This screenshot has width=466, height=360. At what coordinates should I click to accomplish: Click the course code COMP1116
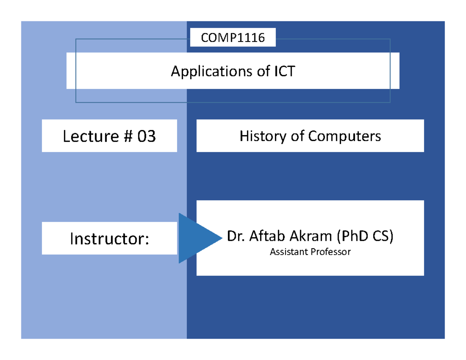pos(233,38)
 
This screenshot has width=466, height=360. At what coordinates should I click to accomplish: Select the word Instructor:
pos(109,238)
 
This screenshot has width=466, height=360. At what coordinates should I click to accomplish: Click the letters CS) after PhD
pos(383,236)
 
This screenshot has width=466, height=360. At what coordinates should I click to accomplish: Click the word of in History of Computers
pos(296,136)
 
